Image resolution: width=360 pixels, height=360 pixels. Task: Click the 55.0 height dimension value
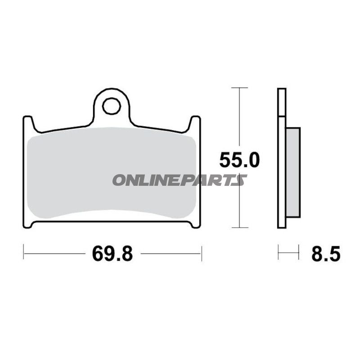[239, 160]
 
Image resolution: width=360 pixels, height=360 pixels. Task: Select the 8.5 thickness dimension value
[324, 254]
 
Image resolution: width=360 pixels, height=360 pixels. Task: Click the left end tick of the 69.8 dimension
[23, 253]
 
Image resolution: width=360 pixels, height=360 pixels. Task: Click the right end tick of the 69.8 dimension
[201, 253]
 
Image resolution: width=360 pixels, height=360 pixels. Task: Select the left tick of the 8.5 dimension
[279, 253]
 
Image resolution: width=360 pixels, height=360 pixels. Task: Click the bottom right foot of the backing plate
[195, 224]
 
